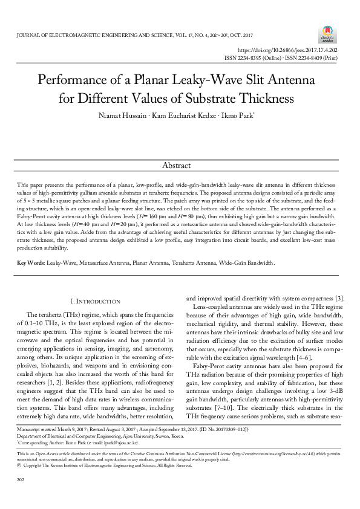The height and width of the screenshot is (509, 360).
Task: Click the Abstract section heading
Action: click(x=176, y=165)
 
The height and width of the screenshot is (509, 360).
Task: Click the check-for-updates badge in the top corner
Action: click(x=327, y=33)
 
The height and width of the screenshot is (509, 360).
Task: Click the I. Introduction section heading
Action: click(x=96, y=301)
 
